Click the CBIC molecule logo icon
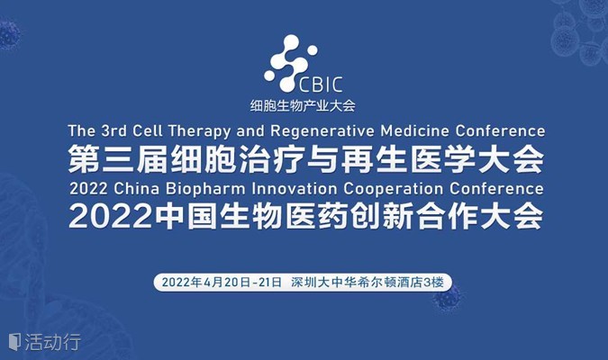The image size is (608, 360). click(290, 64)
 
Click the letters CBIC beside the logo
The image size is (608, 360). click(321, 85)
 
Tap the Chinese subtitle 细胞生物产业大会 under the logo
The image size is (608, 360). click(303, 105)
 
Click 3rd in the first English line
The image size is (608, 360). click(114, 131)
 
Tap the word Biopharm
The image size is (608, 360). click(205, 190)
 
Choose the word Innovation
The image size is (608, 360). click(295, 189)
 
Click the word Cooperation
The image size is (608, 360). click(393, 190)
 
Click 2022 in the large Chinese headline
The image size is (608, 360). click(110, 216)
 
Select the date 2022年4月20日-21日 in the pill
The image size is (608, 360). click(222, 282)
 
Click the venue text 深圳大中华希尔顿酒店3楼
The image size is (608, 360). click(368, 282)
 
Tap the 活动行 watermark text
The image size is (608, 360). click(53, 342)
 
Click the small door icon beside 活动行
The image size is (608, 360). click(14, 342)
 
